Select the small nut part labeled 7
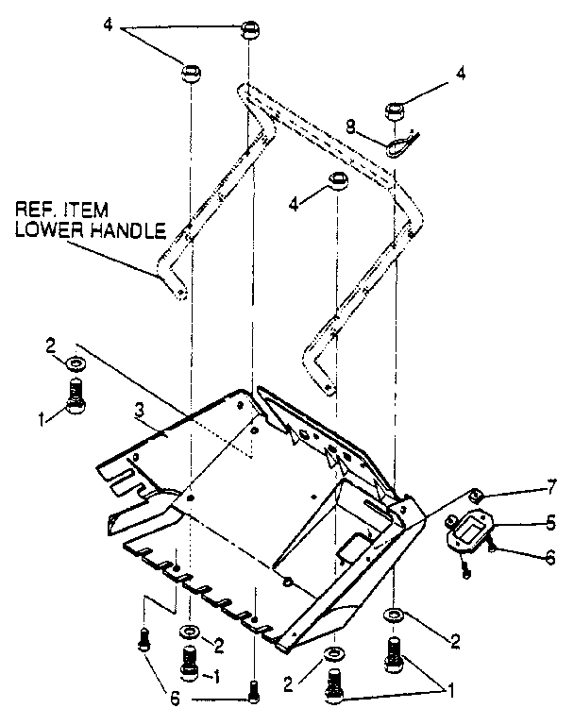[x=477, y=497]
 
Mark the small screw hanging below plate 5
[x=466, y=566]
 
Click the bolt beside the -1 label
[x=190, y=661]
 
